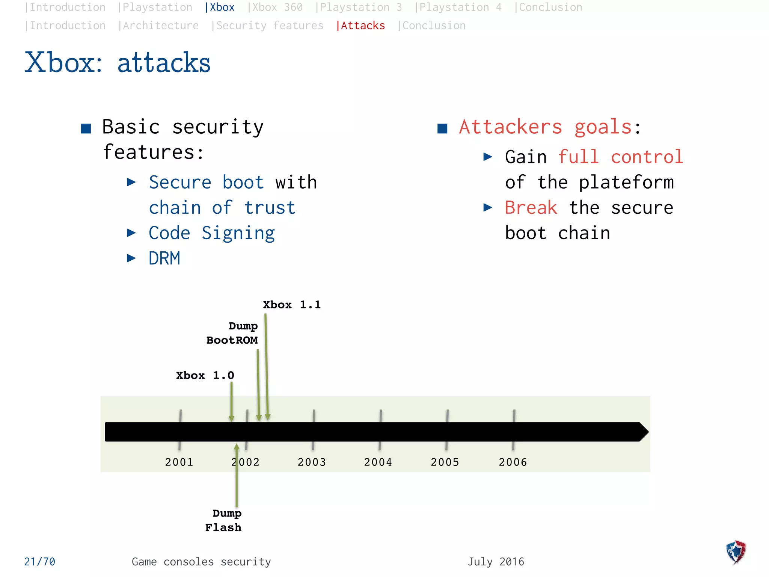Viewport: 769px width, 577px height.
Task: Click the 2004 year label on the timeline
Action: tap(378, 462)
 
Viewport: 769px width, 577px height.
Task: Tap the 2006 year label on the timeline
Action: tap(513, 462)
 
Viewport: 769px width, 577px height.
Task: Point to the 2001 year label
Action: tap(179, 462)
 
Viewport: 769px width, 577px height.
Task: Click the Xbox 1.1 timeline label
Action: tap(292, 305)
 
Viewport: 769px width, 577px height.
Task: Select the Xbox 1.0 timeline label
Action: tap(205, 375)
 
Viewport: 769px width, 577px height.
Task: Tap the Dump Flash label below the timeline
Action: tap(224, 520)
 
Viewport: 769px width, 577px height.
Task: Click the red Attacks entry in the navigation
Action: tap(361, 26)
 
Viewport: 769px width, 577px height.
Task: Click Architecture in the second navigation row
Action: tap(158, 26)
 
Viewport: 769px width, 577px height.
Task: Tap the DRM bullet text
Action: tap(164, 258)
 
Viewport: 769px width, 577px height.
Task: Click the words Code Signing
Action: tap(212, 233)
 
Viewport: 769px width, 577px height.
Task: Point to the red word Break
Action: tap(531, 208)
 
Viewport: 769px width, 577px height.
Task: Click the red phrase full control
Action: tap(620, 157)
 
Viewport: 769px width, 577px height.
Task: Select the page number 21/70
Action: tap(39, 562)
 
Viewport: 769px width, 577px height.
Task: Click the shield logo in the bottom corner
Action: tap(736, 552)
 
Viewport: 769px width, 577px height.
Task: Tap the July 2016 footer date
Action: tap(496, 562)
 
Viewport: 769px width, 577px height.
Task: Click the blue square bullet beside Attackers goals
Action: tap(442, 129)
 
